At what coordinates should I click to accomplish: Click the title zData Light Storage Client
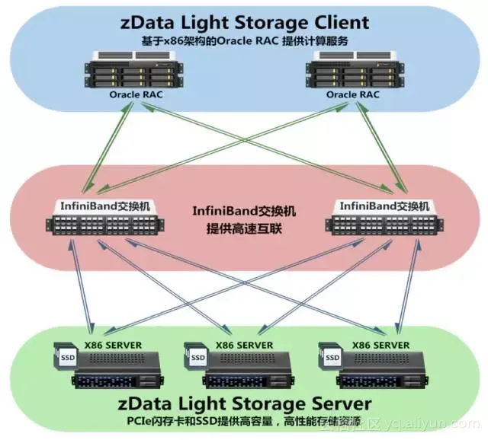point(245,22)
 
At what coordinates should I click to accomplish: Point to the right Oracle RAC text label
point(353,94)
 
